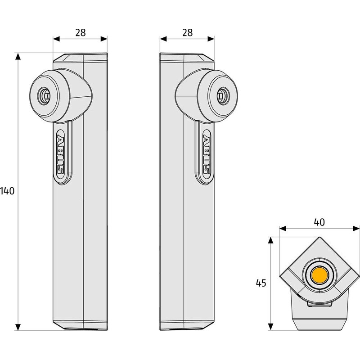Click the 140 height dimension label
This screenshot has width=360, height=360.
coord(8,190)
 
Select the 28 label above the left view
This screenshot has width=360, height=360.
coord(80,32)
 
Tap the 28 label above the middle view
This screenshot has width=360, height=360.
coord(187,32)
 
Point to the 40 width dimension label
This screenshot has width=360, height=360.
coord(319,222)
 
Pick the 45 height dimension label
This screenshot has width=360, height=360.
coord(261,283)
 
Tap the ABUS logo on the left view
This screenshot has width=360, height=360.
coord(60,153)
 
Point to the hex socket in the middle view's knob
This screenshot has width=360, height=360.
coord(222,95)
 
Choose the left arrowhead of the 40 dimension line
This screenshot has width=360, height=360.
coord(283,229)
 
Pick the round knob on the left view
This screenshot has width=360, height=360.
coord(49,95)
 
